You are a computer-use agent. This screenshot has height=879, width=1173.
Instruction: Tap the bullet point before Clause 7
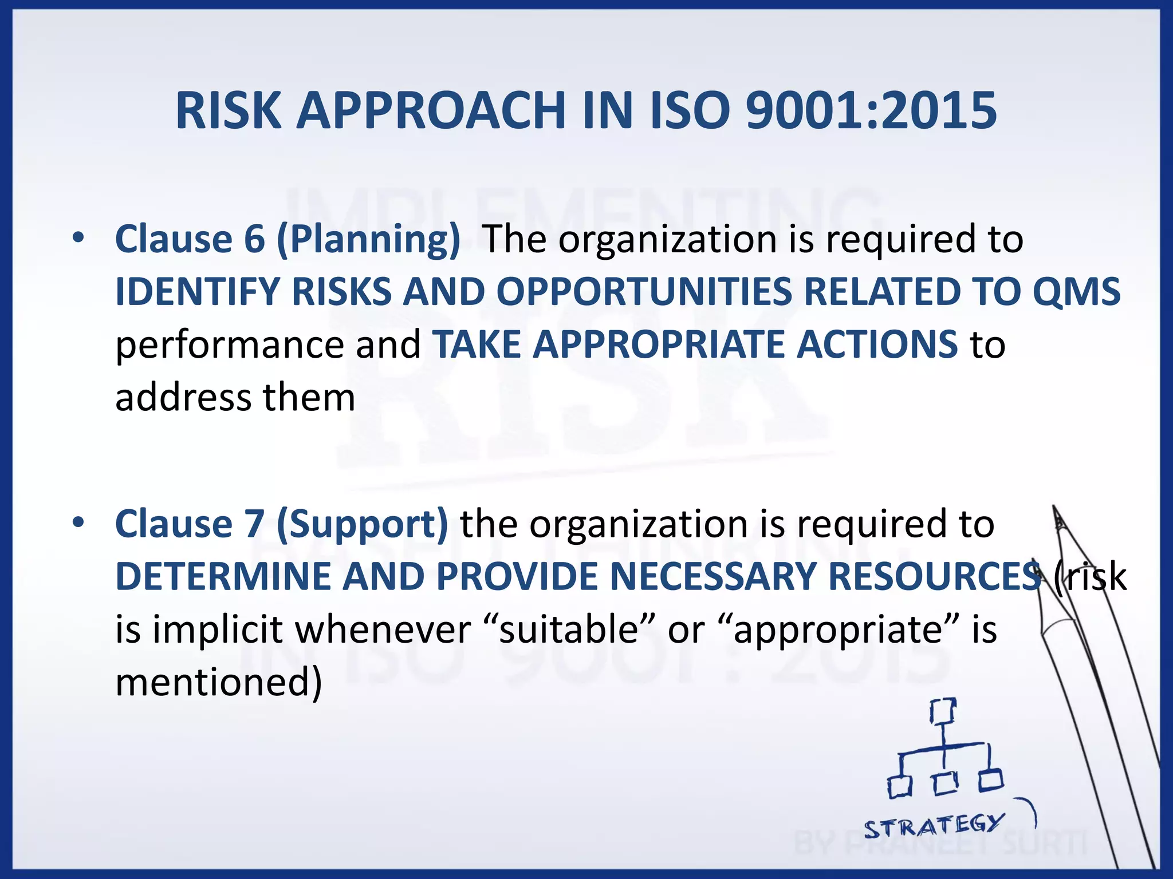click(78, 522)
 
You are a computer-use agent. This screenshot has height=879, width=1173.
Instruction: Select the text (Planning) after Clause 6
click(368, 239)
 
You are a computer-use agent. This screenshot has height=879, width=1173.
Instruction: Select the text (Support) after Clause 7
click(362, 524)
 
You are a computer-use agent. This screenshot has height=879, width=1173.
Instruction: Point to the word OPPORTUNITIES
click(644, 292)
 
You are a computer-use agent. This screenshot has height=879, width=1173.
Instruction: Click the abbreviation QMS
click(1076, 292)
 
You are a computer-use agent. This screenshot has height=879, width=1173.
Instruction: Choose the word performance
click(229, 346)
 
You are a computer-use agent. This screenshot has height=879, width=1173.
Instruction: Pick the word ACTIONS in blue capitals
click(877, 345)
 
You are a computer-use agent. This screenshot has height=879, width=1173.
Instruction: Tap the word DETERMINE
click(223, 576)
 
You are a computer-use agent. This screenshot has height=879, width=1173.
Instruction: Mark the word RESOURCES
click(934, 576)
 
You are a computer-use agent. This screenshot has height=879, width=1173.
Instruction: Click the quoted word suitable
click(569, 629)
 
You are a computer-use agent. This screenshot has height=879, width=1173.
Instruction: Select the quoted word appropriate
click(838, 630)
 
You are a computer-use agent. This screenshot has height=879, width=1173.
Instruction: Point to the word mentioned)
click(219, 682)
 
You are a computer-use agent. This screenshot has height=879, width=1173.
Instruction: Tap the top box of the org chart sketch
click(942, 711)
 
